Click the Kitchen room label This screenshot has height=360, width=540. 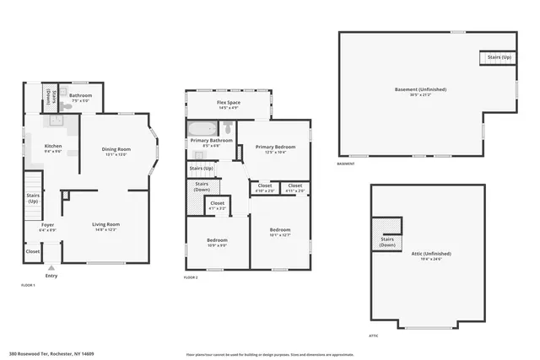53,147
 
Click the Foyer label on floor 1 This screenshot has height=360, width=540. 47,226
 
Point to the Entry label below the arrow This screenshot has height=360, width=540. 51,276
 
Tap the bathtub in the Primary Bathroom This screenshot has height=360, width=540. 200,130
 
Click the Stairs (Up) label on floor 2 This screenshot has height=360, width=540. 202,169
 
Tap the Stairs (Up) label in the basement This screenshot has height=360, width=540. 499,57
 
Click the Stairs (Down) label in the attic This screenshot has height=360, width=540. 388,241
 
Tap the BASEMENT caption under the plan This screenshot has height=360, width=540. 346,164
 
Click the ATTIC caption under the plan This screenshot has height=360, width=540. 373,336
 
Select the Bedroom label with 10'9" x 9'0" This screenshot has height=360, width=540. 217,242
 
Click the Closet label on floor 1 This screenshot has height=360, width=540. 32,251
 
